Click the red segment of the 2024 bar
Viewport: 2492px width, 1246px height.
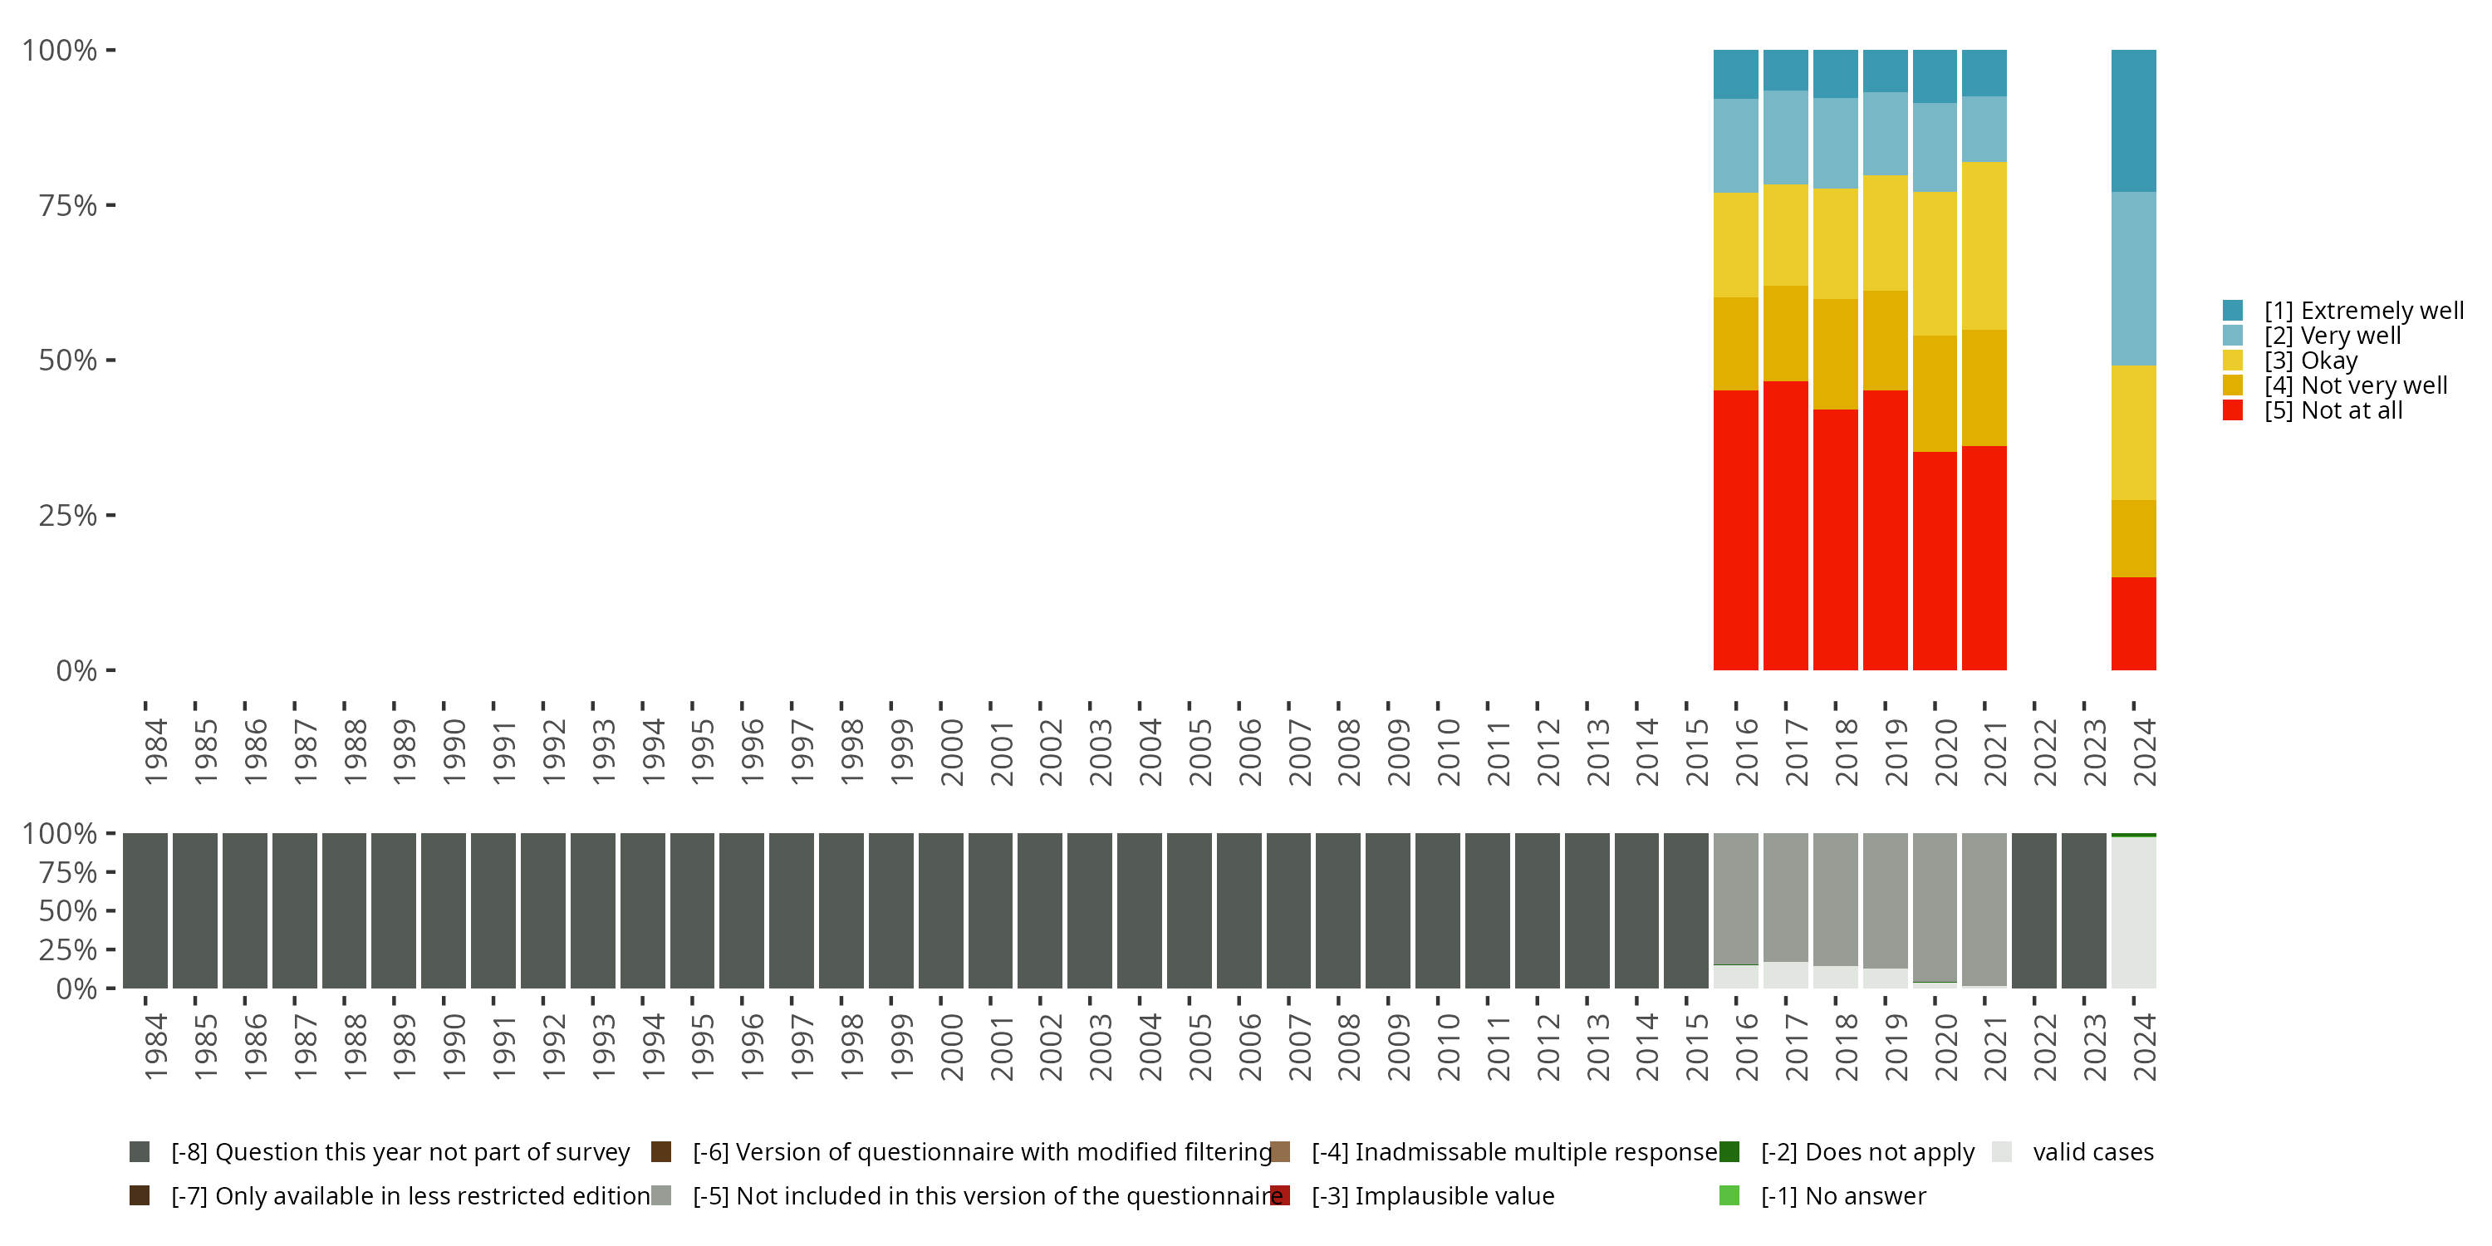point(2133,623)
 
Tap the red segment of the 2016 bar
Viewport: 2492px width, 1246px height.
point(1735,529)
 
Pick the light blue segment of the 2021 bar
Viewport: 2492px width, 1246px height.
point(1984,129)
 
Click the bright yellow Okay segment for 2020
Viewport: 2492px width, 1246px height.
point(1935,263)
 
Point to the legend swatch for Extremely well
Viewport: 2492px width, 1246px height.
point(2233,311)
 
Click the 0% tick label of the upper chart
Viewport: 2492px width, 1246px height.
point(76,670)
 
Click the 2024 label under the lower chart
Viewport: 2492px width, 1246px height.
point(2144,1047)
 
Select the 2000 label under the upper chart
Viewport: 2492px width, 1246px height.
point(951,752)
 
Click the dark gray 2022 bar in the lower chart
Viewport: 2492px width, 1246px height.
point(2033,910)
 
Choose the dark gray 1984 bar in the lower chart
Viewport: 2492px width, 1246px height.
point(145,910)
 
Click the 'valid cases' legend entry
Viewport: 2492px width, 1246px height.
point(2092,1152)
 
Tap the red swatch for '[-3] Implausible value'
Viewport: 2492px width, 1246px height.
point(1280,1195)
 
